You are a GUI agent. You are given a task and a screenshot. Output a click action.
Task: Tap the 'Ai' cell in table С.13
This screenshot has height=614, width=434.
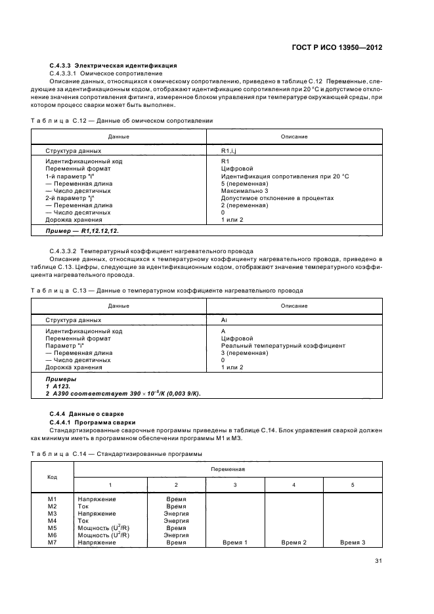tap(224, 319)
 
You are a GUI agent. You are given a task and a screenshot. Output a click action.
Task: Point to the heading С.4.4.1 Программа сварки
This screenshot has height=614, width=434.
tap(93, 422)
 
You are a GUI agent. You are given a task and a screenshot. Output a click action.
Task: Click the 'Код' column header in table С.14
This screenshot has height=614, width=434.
tap(53, 477)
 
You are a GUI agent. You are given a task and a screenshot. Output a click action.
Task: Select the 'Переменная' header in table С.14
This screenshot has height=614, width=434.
tap(228, 470)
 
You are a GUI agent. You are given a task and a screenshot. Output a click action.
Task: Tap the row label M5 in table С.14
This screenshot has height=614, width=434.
tap(53, 527)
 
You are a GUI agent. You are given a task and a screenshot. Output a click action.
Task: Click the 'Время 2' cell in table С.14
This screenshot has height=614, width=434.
tap(293, 542)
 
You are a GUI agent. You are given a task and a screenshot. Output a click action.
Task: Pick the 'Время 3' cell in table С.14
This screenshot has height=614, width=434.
tap(353, 542)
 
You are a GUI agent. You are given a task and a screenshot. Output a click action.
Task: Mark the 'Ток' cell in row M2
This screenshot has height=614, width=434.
tap(83, 506)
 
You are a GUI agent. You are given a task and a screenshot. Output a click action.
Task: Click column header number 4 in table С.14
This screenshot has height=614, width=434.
tap(293, 485)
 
